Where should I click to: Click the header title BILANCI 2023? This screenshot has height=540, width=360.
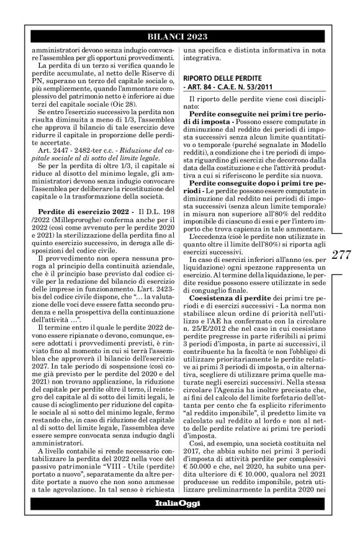pos(179,36)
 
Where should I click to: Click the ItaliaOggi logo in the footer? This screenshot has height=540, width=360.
pos(179,520)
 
